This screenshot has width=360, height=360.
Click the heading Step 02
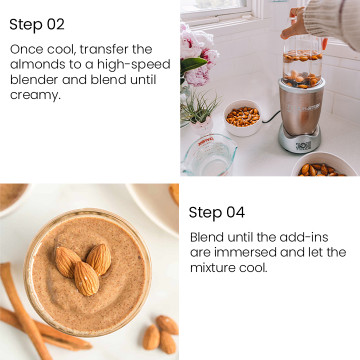pos(37,25)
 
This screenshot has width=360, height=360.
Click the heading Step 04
pos(217,213)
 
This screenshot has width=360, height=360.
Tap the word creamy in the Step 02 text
pos(34,96)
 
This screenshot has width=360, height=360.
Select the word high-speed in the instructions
pos(134,65)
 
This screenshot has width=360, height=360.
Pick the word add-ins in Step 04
pos(304,237)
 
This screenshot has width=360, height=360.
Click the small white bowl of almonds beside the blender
pos(243,118)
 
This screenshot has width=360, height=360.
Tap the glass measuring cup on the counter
pos(209,155)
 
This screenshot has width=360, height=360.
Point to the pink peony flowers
pos(199,53)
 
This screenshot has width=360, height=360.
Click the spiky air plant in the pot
pos(199,108)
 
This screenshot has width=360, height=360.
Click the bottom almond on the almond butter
pos(86,278)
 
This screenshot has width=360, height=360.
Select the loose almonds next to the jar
pos(161,332)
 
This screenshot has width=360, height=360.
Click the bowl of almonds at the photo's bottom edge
pos(320,165)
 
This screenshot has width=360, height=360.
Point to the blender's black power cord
pos(270,118)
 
